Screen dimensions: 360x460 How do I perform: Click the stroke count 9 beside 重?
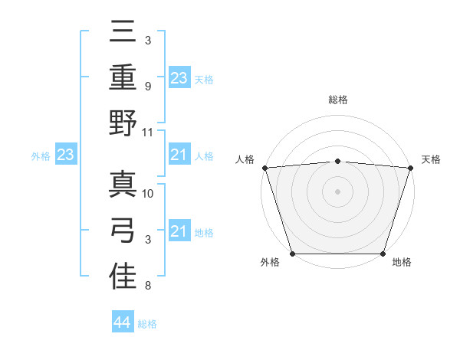[x=148, y=87]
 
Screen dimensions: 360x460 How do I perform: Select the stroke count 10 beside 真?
[x=149, y=194]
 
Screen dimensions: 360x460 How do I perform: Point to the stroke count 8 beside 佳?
[x=148, y=286]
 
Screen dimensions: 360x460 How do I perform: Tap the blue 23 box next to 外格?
[x=65, y=155]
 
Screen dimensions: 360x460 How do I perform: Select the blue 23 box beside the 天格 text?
[x=179, y=78]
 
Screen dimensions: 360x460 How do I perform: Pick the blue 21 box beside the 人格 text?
[x=179, y=155]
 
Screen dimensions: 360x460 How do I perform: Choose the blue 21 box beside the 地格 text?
[x=179, y=231]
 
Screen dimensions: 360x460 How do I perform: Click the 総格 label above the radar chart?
[x=338, y=100]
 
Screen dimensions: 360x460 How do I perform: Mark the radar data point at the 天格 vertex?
[x=410, y=167]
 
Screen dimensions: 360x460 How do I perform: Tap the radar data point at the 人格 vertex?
[x=264, y=167]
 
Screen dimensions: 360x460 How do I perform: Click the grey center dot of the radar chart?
[x=337, y=191]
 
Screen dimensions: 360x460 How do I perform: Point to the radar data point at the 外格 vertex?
[x=292, y=253]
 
